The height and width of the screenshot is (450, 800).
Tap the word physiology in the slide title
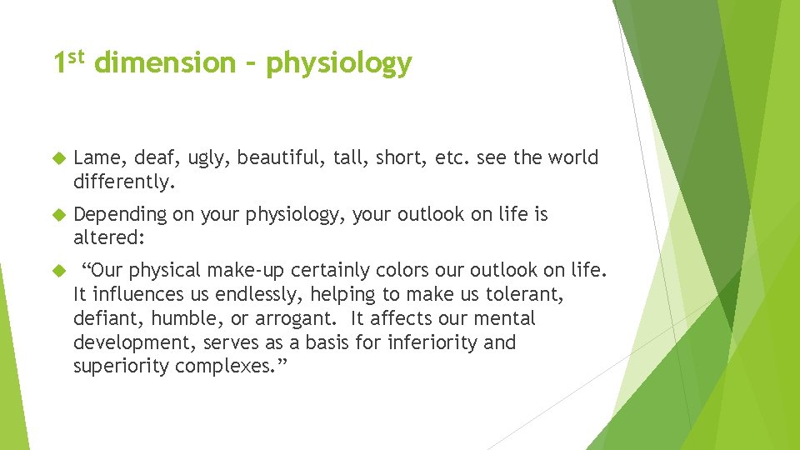(x=339, y=64)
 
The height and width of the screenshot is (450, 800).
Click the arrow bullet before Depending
(x=59, y=215)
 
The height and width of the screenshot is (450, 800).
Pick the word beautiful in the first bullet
(x=274, y=158)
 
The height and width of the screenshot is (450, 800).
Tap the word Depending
(x=120, y=215)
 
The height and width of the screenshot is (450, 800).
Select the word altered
(x=108, y=237)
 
